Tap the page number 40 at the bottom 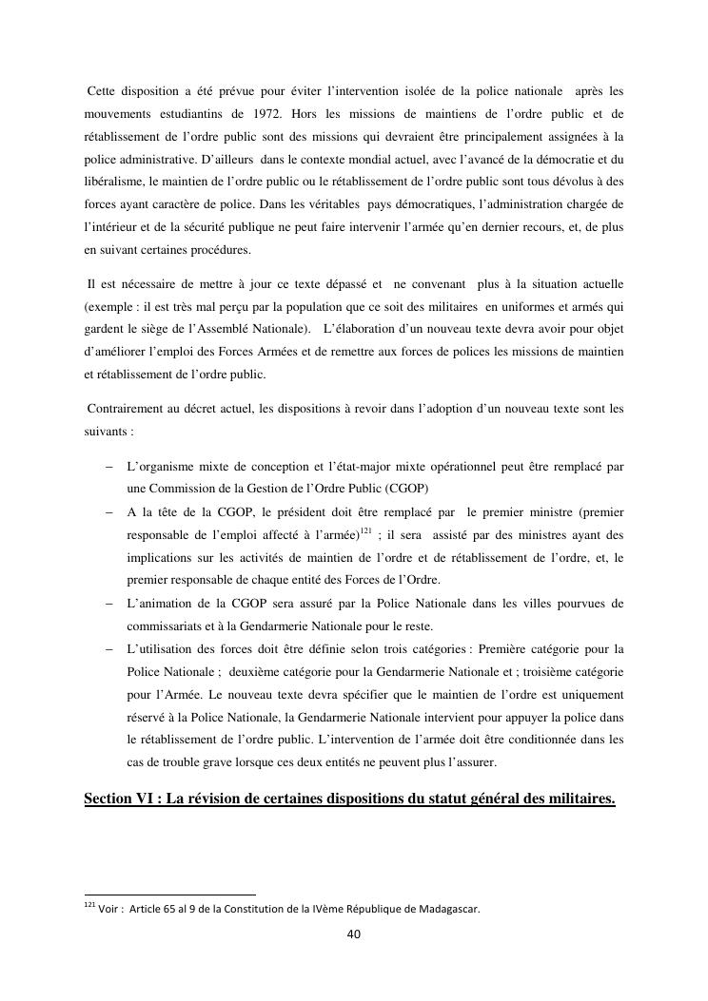[354, 934]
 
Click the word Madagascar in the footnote [446, 909]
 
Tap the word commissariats [165, 626]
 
